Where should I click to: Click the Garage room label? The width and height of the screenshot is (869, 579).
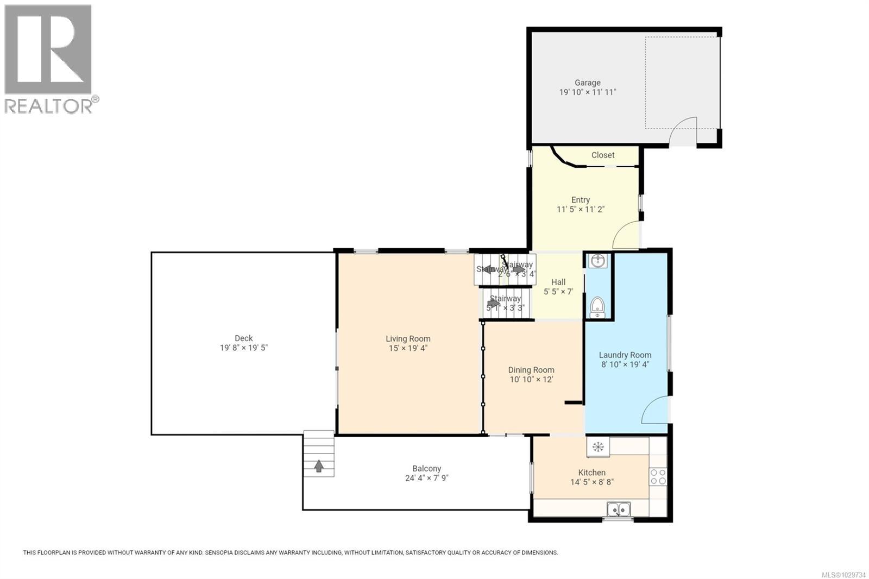coord(588,83)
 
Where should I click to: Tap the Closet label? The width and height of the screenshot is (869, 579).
coord(603,155)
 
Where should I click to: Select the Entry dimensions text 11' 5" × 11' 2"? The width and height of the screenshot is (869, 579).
coord(581,209)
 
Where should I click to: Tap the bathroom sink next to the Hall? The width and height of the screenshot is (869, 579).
coord(598,261)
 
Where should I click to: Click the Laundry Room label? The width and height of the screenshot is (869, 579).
coord(625,355)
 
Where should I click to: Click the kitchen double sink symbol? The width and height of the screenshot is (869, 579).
coord(618,509)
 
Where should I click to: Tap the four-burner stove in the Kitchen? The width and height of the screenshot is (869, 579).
coord(658,477)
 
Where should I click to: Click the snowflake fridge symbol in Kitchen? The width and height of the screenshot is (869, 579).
coord(598,447)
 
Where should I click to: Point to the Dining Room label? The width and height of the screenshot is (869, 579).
coord(531,370)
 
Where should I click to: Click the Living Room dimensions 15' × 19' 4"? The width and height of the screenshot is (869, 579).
coord(408,348)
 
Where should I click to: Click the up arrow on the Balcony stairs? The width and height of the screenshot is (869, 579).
coord(319,465)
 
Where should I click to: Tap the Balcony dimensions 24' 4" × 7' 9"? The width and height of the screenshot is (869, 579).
coord(426,478)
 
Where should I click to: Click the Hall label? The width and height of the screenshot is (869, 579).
coord(558,282)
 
